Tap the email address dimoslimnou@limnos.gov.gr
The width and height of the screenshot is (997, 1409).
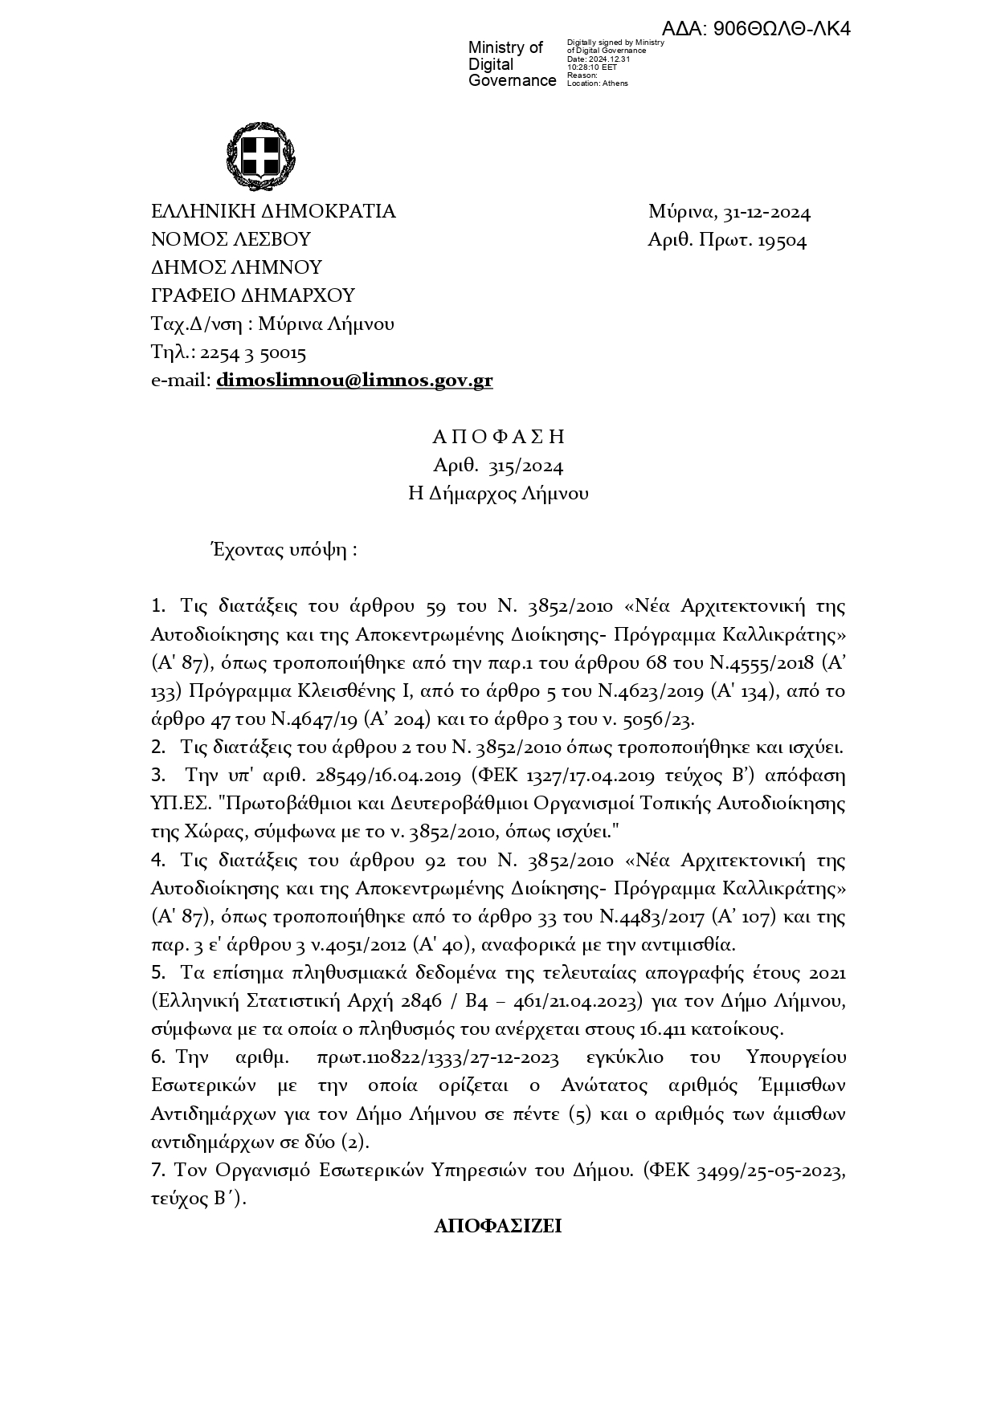click(x=354, y=381)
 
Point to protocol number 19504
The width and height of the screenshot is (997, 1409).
click(x=779, y=241)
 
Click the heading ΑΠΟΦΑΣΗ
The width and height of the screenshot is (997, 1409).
click(x=498, y=437)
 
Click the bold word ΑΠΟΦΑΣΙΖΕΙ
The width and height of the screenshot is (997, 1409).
click(x=497, y=1227)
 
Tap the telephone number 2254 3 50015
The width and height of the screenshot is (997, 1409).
click(x=252, y=352)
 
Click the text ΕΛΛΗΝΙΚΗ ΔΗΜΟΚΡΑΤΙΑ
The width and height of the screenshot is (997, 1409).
click(x=273, y=212)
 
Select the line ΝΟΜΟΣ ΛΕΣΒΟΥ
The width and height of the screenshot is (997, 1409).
click(x=231, y=240)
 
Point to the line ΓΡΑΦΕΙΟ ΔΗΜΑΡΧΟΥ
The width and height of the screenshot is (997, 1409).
click(x=253, y=295)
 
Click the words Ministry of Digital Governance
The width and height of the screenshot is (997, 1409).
click(x=512, y=64)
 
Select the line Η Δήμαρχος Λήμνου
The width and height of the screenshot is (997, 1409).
click(x=498, y=494)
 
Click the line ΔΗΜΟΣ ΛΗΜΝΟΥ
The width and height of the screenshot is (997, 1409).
click(x=236, y=267)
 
